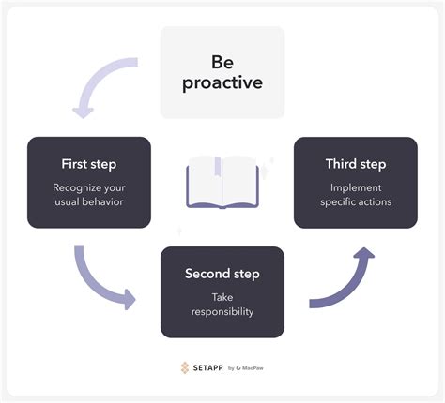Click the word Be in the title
click(x=222, y=62)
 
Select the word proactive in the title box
click(x=222, y=83)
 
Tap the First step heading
click(x=89, y=164)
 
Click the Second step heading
click(x=222, y=274)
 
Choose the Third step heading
click(x=356, y=164)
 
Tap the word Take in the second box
click(x=222, y=297)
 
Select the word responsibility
click(x=222, y=312)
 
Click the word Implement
click(x=356, y=188)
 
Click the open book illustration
click(x=222, y=182)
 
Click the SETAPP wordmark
click(x=207, y=367)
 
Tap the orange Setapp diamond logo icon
click(x=185, y=367)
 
